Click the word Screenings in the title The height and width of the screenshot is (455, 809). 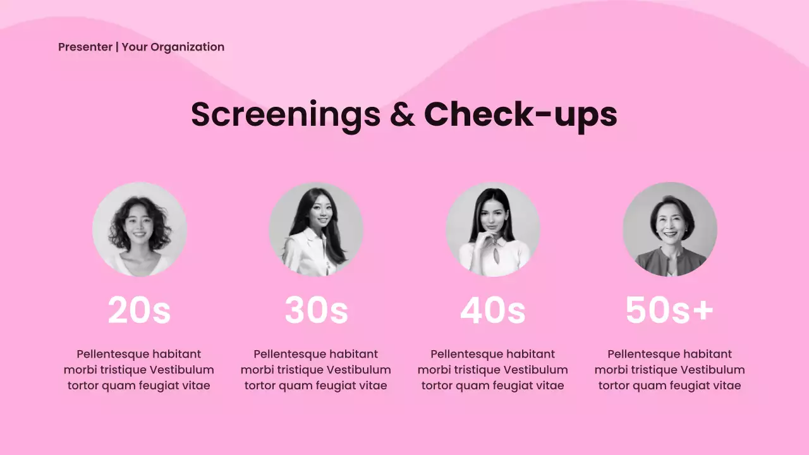[286, 114]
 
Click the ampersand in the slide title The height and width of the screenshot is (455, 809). [402, 114]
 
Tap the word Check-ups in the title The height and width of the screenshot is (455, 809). [520, 114]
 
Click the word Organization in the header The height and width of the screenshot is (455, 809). [187, 47]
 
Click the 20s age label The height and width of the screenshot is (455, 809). [139, 310]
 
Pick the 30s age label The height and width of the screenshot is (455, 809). [316, 310]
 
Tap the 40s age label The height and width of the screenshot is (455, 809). [493, 310]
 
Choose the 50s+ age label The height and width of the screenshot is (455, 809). [669, 310]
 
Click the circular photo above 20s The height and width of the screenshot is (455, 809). [140, 229]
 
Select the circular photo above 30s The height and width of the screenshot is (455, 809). [316, 229]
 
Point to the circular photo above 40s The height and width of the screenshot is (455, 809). [493, 229]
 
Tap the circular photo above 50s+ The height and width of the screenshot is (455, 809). [670, 229]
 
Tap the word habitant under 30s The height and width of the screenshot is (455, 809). [353, 354]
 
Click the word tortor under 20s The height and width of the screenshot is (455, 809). [83, 385]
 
